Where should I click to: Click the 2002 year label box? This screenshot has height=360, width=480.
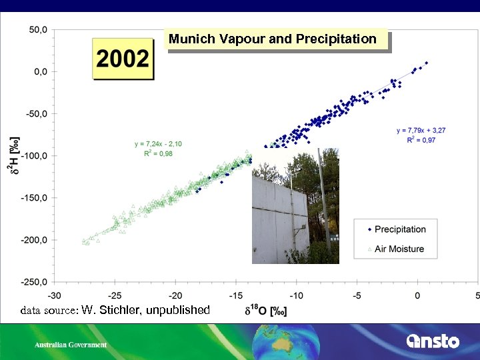click(123, 59)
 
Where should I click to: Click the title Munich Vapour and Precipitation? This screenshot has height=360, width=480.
click(273, 39)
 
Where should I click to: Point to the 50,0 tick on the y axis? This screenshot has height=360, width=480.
click(37, 29)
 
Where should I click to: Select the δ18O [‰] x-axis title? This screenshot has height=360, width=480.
click(265, 311)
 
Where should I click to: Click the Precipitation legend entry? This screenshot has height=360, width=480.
click(399, 229)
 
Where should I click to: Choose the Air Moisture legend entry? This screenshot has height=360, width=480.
click(399, 249)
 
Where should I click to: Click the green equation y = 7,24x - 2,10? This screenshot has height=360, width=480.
click(158, 144)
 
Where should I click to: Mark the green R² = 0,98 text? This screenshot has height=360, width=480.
click(158, 153)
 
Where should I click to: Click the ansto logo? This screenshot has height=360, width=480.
click(433, 341)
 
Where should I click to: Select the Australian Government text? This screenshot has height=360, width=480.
click(71, 345)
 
